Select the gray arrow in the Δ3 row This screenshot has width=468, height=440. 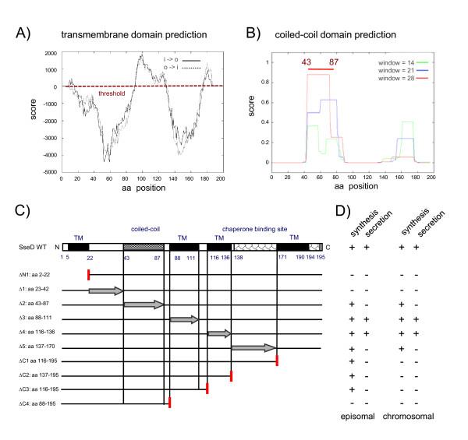185,319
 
